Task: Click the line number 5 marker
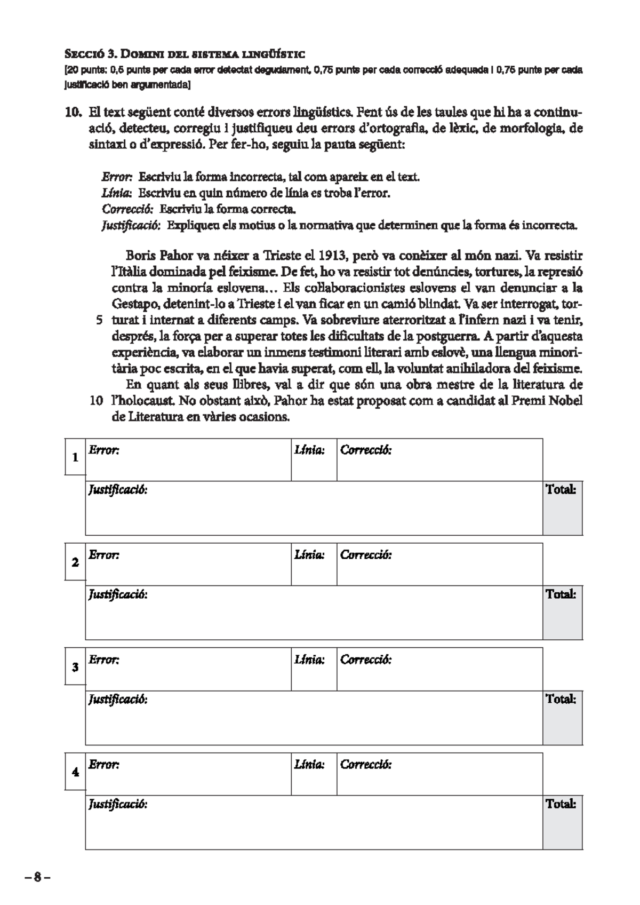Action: click(99, 321)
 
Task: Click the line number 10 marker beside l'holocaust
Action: click(96, 401)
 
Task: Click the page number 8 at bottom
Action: click(37, 877)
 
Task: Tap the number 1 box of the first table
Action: click(75, 457)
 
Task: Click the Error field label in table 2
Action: click(103, 555)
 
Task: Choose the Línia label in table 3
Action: click(309, 660)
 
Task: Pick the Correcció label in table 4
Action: click(366, 765)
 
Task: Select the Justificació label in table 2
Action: click(118, 594)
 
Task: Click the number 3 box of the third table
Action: click(75, 667)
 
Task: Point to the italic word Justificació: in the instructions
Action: click(131, 226)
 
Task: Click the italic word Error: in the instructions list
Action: click(117, 177)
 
